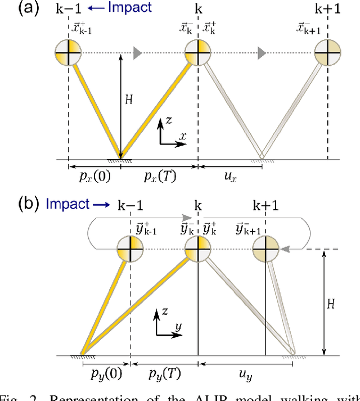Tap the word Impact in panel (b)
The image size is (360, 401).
67,203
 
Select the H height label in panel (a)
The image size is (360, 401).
129,100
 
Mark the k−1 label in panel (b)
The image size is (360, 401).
130,204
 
